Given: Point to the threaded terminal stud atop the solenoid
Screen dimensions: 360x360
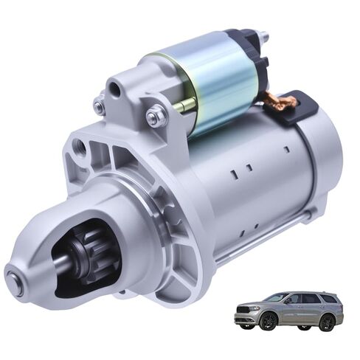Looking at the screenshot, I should coord(263,38).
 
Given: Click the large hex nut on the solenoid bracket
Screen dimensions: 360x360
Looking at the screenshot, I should coord(156,116).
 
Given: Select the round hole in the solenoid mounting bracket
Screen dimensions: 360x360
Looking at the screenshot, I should coord(115,90).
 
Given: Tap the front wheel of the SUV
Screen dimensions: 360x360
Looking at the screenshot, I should coord(268,321).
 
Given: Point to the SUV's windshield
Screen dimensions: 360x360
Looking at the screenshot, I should coord(277,298).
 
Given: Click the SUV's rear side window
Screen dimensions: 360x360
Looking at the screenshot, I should coord(328,299).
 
